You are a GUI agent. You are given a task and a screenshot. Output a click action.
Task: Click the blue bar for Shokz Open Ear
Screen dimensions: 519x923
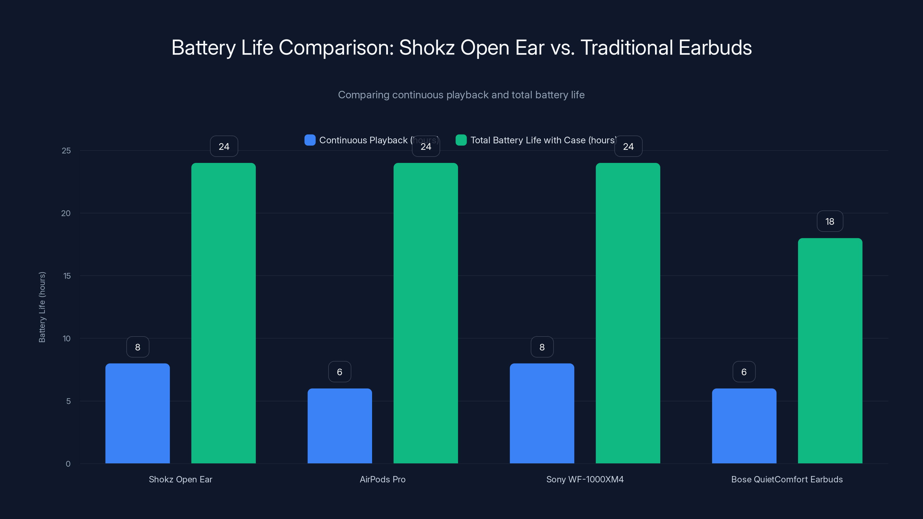click(x=138, y=414)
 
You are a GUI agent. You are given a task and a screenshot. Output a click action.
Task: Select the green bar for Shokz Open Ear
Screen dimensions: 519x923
click(x=224, y=313)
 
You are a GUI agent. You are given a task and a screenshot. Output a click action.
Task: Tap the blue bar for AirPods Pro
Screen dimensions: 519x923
click(x=340, y=426)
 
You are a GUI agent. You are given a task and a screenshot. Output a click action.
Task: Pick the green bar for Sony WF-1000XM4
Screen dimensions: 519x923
click(x=628, y=313)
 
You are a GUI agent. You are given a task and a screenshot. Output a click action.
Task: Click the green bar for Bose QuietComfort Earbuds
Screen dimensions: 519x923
click(x=830, y=351)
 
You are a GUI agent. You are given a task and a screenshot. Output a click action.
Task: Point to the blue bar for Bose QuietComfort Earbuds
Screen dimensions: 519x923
click(x=744, y=426)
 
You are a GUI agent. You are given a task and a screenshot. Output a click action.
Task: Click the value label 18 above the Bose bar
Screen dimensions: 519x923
click(x=830, y=221)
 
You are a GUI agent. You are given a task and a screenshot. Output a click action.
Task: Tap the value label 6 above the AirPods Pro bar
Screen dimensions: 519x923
click(x=340, y=372)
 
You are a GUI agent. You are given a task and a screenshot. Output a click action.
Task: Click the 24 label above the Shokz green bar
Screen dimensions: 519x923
click(x=224, y=146)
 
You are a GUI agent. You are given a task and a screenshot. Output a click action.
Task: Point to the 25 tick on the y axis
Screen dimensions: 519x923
click(x=66, y=151)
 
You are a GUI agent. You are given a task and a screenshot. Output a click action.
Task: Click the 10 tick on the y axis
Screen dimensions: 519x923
click(x=67, y=339)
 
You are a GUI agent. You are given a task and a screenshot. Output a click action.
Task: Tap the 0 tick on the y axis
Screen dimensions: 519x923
click(x=68, y=464)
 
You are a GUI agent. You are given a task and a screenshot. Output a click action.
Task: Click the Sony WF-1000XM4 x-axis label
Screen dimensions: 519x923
click(x=585, y=479)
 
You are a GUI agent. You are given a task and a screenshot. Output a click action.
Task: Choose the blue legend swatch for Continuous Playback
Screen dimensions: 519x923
click(x=310, y=140)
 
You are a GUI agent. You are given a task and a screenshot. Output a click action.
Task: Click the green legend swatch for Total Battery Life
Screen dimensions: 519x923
click(x=461, y=140)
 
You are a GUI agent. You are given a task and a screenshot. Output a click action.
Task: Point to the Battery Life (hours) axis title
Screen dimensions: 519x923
click(x=42, y=307)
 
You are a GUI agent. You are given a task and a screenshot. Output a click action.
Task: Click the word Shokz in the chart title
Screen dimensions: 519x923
click(x=427, y=48)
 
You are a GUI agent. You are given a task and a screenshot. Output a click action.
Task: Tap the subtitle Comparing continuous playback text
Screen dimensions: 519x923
click(x=461, y=95)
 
